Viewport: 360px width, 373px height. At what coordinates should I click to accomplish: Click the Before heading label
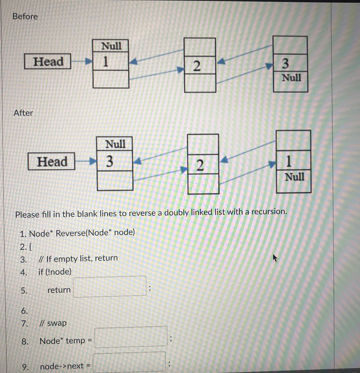[25, 16]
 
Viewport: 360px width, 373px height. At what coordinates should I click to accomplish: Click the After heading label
[23, 113]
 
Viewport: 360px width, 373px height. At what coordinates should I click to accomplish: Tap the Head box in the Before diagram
[48, 61]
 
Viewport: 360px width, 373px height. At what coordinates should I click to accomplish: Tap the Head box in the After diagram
[52, 162]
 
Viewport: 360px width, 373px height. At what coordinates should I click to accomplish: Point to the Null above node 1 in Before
[111, 46]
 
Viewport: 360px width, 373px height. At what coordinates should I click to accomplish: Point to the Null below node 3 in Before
[291, 77]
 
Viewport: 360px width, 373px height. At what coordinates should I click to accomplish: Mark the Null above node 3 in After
[115, 143]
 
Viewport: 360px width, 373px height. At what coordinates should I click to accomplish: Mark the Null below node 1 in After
[294, 177]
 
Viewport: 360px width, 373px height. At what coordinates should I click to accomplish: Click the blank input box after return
[110, 286]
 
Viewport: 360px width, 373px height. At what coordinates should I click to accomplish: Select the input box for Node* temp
[131, 337]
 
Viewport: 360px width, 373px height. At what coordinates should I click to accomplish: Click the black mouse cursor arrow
[275, 258]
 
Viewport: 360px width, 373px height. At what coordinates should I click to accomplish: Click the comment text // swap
[53, 323]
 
